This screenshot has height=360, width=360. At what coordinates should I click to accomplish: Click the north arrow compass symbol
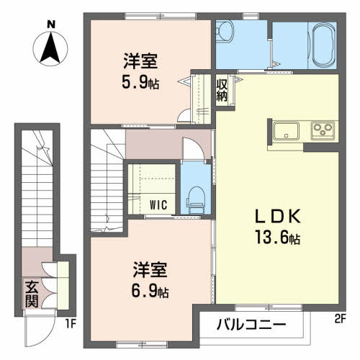50,49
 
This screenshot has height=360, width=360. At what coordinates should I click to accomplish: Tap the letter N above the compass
51,24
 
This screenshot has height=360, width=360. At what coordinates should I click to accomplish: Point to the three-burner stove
323,130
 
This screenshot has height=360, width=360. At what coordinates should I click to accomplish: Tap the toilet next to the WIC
196,200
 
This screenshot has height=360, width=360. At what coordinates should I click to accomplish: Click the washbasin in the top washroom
225,31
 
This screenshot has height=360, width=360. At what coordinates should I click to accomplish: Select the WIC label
158,205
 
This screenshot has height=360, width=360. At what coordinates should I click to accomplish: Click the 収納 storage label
222,90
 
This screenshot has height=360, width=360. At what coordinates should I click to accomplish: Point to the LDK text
277,216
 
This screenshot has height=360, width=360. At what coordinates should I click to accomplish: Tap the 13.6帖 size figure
277,237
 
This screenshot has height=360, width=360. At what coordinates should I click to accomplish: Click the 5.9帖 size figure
140,83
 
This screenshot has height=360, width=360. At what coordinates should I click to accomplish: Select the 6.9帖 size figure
150,291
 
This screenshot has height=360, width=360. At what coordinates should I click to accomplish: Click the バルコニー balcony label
251,325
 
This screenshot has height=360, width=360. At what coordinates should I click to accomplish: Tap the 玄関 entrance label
32,294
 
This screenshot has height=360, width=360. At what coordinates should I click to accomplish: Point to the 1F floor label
71,324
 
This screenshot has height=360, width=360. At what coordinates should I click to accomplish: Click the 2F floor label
339,319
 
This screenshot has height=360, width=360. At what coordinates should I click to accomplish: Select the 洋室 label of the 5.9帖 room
140,61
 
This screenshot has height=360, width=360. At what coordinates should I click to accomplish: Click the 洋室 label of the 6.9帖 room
150,270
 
